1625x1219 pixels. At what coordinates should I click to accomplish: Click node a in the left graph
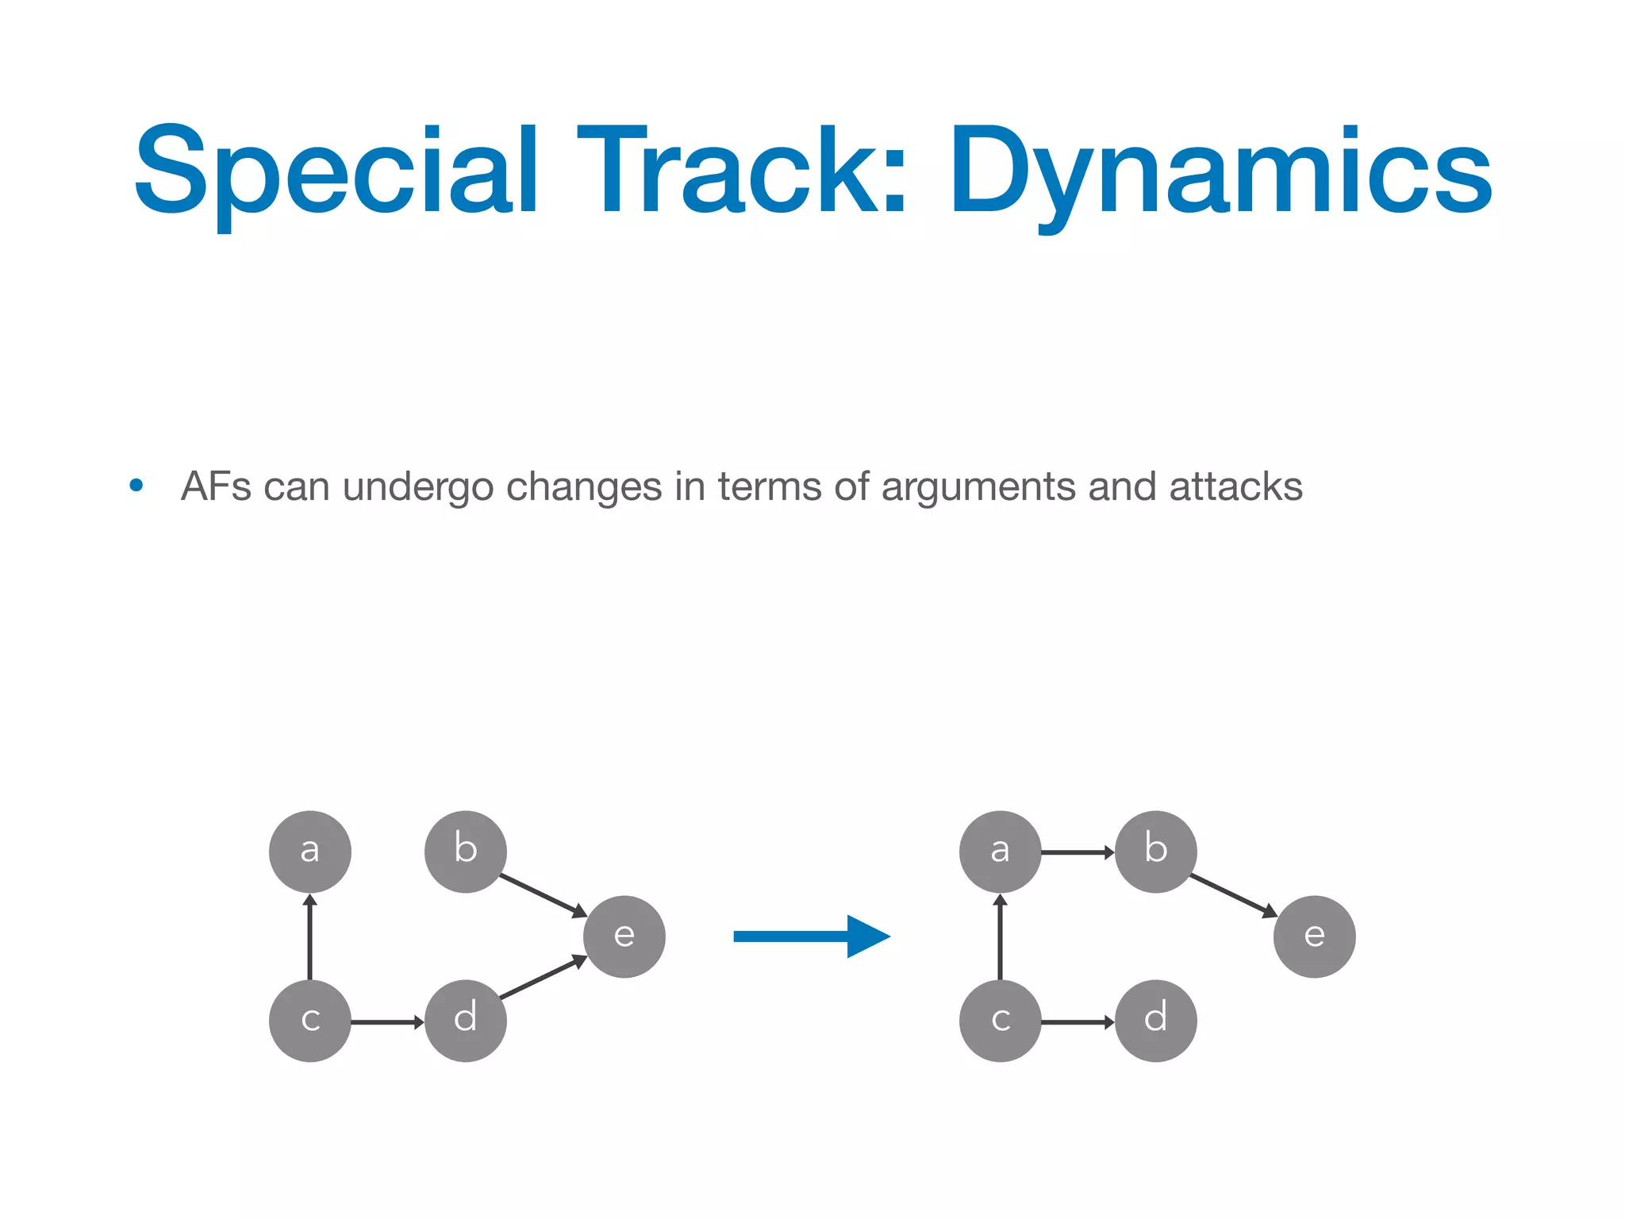click(309, 852)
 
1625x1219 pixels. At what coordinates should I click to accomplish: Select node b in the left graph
click(466, 852)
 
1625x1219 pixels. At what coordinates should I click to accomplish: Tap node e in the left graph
click(624, 936)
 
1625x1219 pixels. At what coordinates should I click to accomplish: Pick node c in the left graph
click(309, 1021)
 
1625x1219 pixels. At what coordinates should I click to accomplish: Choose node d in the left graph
click(466, 1021)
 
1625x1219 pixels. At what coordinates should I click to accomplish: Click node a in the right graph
click(1000, 852)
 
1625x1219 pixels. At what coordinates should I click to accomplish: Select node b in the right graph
click(1156, 852)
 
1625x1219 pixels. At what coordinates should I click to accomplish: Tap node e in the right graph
click(1315, 936)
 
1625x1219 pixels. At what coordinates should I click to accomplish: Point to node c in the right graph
click(1000, 1021)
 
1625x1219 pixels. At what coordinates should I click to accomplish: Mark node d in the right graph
click(1156, 1021)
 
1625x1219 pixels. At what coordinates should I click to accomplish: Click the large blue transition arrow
click(809, 936)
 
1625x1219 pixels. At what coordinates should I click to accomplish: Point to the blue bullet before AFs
click(136, 485)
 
